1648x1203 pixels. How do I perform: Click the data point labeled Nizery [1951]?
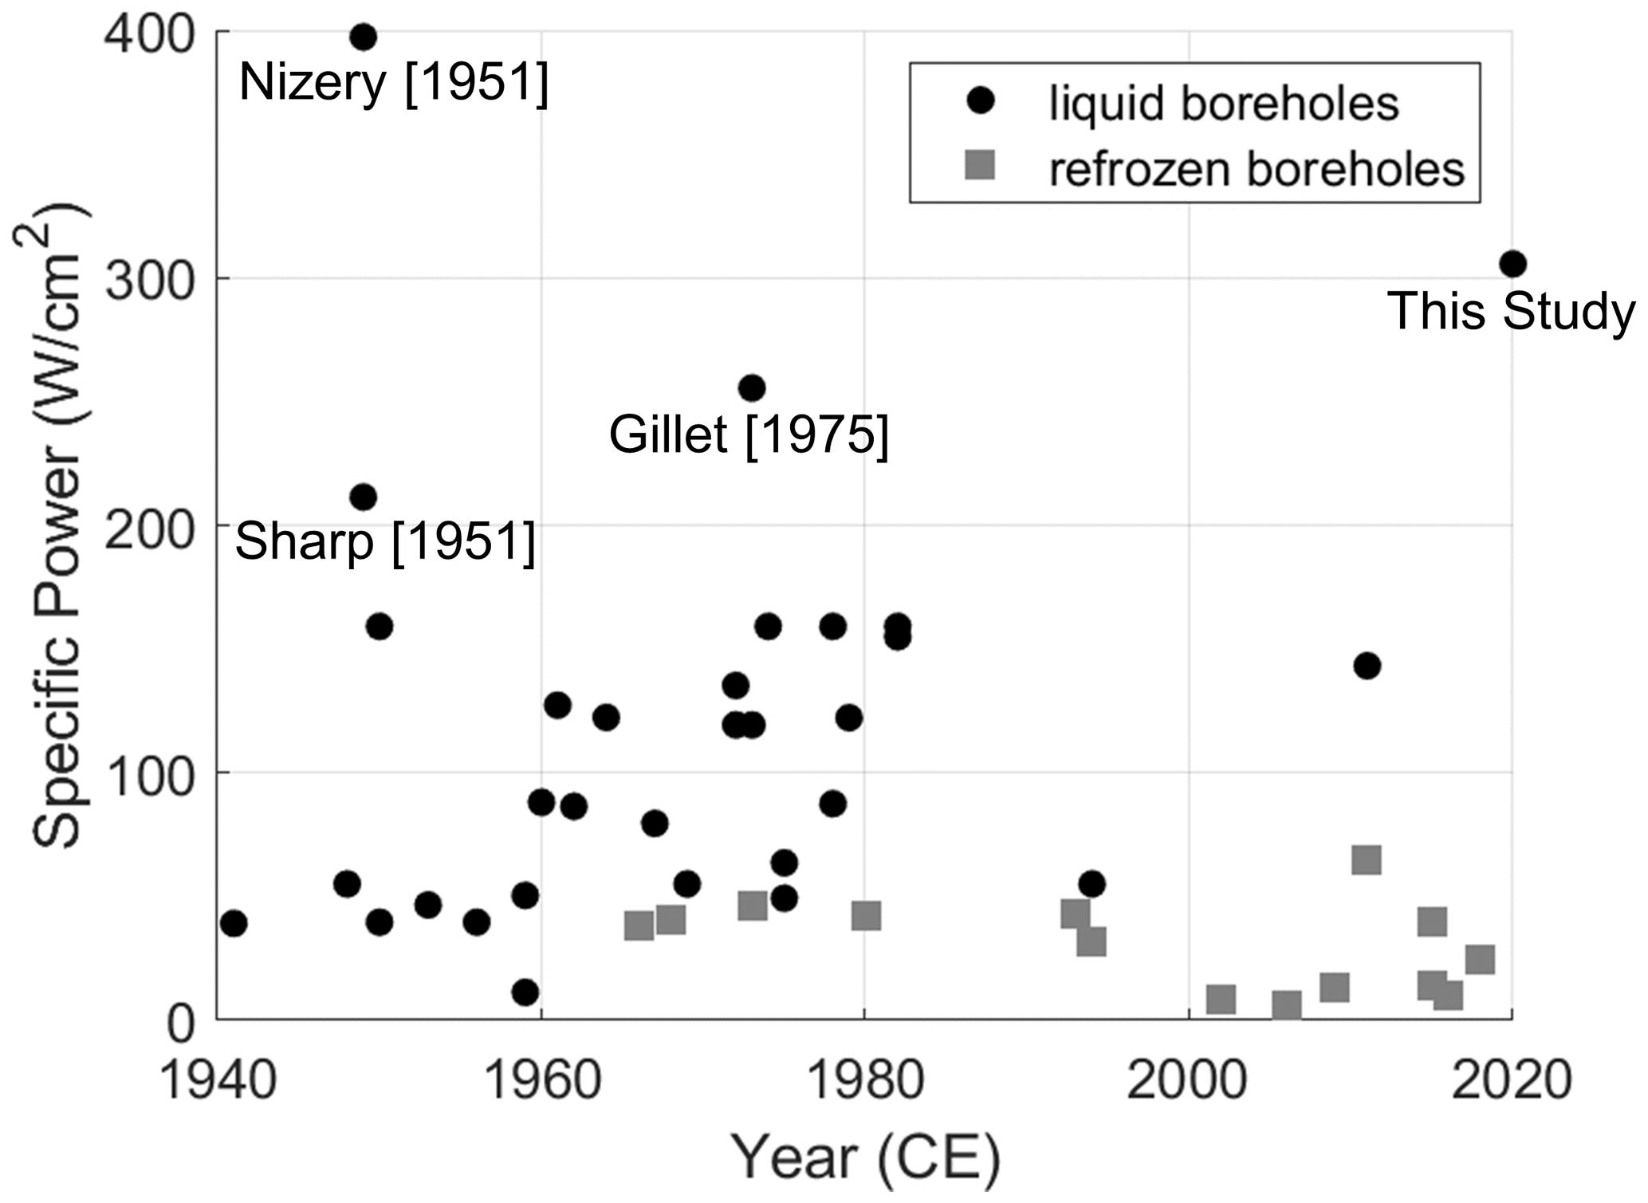coord(363,37)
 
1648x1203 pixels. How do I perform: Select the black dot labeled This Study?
coord(1512,264)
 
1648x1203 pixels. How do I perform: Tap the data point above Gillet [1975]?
coord(752,389)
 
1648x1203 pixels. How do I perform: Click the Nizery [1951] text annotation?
coord(394,82)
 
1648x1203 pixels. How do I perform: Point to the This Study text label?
coord(1511,311)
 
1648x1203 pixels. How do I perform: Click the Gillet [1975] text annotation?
coord(749,435)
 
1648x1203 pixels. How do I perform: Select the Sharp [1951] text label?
coord(385,542)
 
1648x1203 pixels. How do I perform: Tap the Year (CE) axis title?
coord(866,1159)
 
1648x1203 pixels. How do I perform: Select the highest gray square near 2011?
coord(1366,861)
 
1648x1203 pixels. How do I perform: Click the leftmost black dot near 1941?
coord(234,924)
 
